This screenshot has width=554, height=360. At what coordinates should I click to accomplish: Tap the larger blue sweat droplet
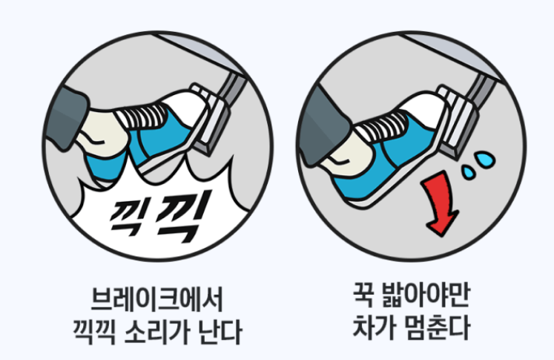click(x=484, y=159)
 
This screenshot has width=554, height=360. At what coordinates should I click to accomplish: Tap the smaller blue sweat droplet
click(x=469, y=172)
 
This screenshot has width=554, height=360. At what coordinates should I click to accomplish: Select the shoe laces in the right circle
click(x=386, y=119)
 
